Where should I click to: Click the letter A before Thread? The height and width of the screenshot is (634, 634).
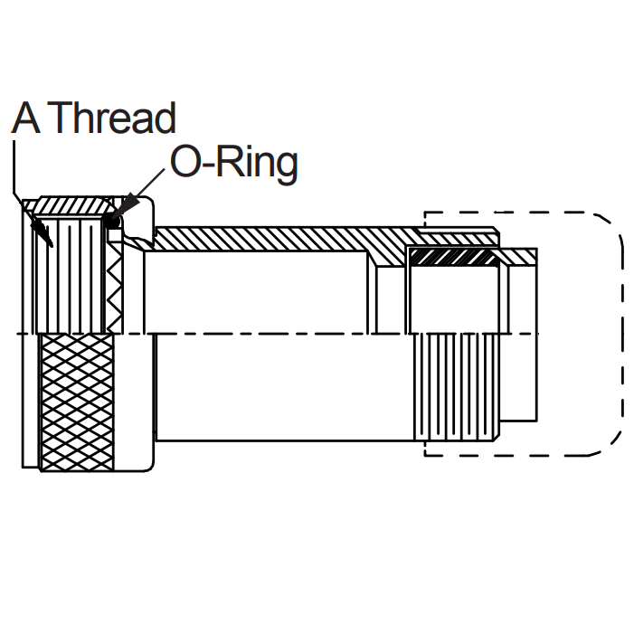pyautogui.click(x=27, y=118)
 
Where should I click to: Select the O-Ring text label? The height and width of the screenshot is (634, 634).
pyautogui.click(x=233, y=164)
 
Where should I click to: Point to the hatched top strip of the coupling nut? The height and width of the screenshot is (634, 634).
pyautogui.click(x=72, y=203)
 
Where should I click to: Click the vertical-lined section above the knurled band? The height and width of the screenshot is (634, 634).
pyautogui.click(x=72, y=271)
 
